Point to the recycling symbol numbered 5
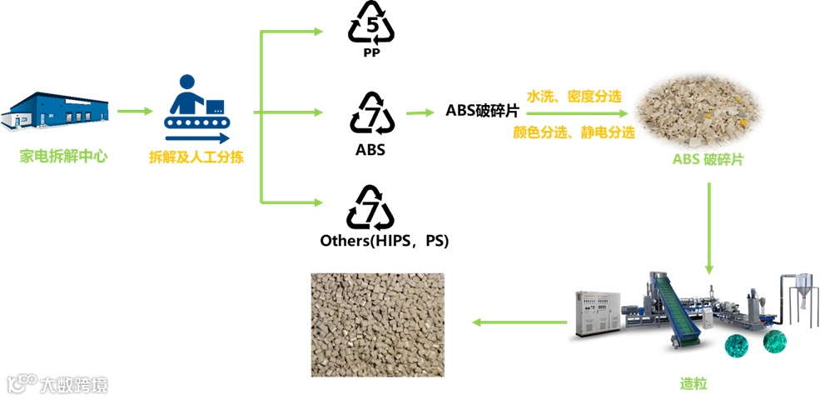371,25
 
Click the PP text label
371,53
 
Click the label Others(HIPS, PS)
385,241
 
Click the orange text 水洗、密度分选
574,96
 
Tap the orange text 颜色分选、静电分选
574,132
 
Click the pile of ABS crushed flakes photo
698,105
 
